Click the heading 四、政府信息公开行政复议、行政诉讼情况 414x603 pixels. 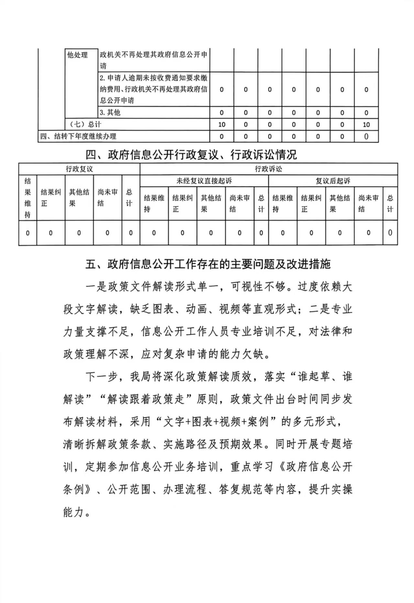[191, 155]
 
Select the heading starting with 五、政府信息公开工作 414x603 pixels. [208, 264]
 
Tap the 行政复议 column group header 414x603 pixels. [79, 169]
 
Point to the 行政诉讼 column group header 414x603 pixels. [268, 169]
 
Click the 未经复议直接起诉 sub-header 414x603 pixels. [204, 181]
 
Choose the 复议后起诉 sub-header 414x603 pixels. [333, 181]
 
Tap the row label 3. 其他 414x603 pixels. [110, 112]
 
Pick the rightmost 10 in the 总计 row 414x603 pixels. [366, 124]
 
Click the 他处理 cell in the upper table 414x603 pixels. [77, 55]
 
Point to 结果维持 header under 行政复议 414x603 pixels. [28, 197]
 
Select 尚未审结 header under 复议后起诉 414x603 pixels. [368, 203]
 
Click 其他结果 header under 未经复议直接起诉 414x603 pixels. [211, 203]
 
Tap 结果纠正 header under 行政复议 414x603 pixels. [50, 197]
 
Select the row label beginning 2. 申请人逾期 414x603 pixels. [153, 89]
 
